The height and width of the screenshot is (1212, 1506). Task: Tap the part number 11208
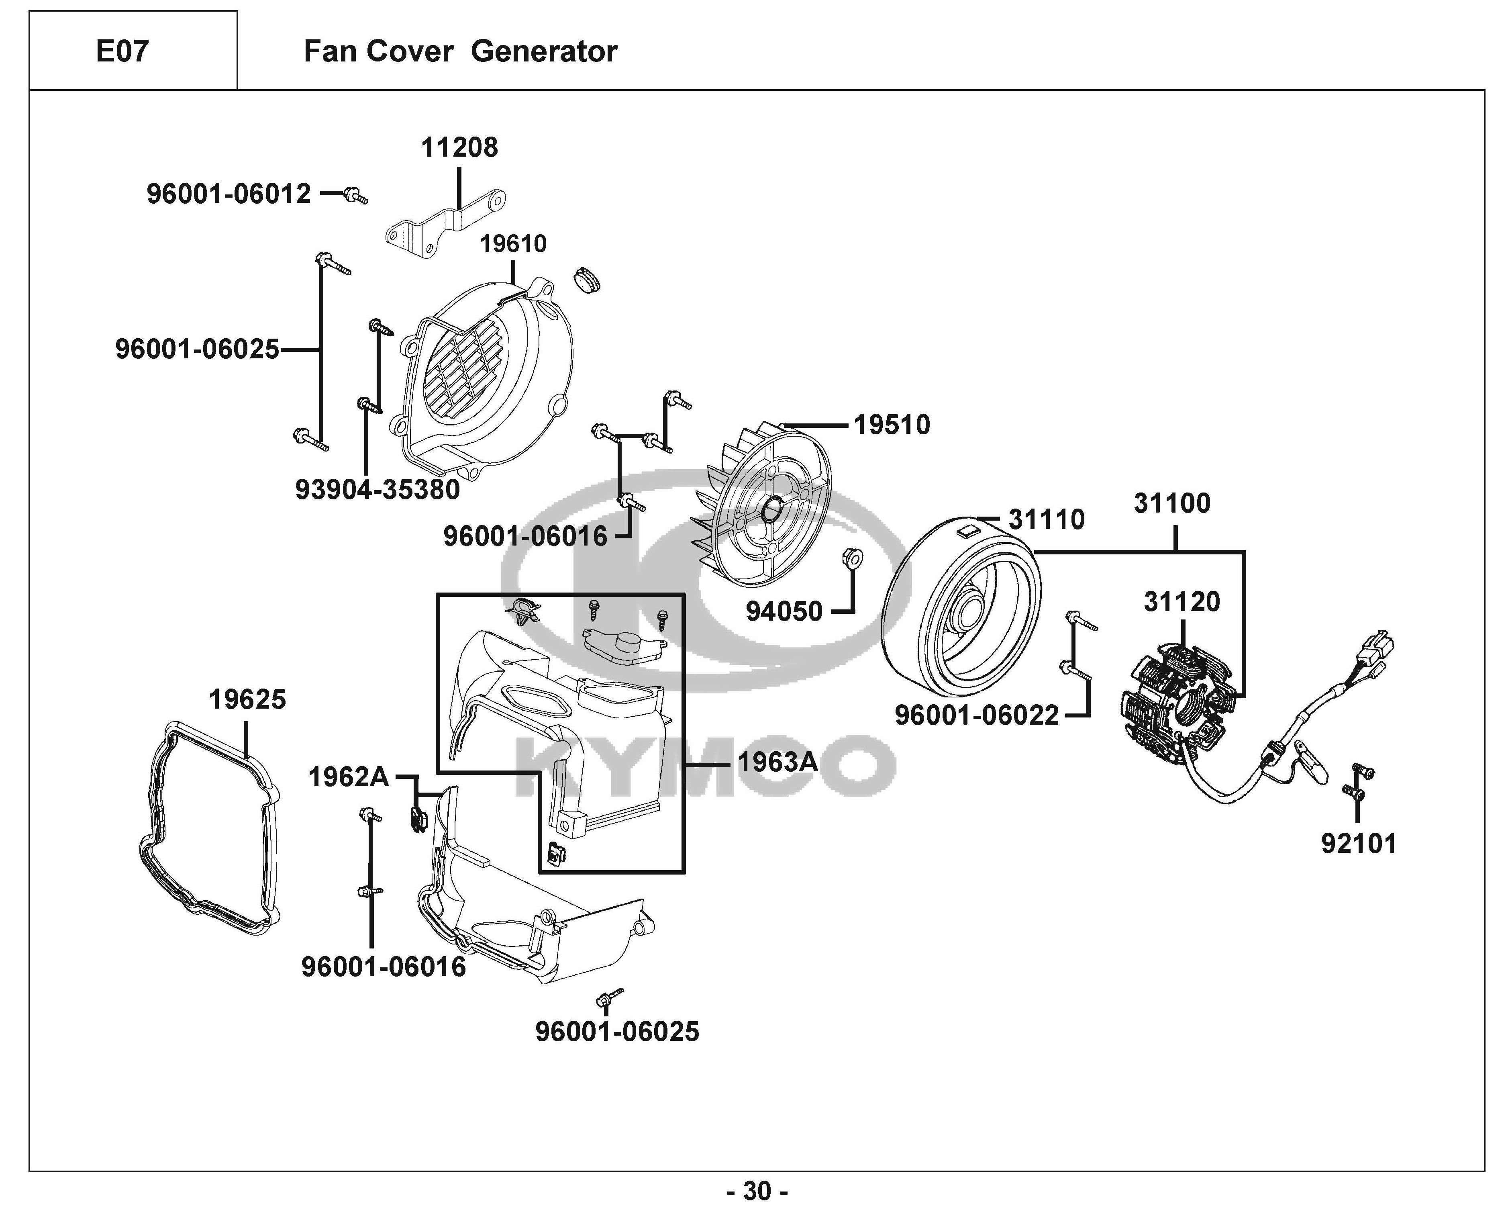(459, 147)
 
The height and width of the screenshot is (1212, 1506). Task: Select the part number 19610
(513, 244)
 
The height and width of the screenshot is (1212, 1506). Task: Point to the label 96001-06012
(229, 194)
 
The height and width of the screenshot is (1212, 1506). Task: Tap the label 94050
(784, 611)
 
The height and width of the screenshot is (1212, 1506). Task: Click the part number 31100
(1172, 503)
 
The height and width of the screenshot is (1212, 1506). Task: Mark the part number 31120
(1182, 601)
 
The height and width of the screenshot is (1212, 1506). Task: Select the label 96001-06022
(977, 715)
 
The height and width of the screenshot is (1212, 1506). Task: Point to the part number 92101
(1359, 844)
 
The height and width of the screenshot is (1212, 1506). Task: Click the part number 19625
(248, 699)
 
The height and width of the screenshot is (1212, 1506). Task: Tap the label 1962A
(349, 777)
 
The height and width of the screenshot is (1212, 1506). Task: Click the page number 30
(757, 1190)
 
